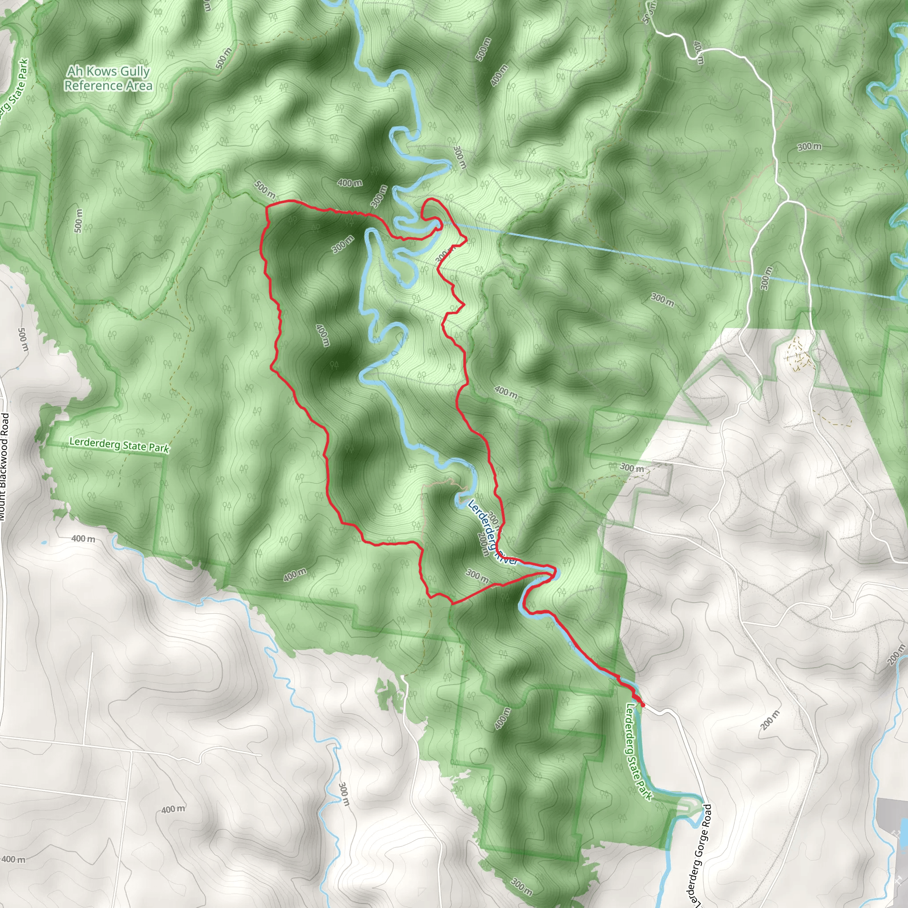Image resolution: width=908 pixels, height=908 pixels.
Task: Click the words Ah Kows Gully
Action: [x=108, y=71]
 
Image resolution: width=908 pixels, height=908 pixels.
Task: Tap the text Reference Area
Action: [x=108, y=86]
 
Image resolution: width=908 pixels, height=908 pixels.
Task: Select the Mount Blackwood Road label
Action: [x=4, y=466]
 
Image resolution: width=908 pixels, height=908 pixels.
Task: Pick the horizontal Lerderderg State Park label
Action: [x=119, y=445]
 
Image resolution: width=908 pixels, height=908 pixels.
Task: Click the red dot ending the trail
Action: [x=642, y=705]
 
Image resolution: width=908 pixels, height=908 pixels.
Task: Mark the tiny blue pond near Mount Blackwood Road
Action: [x=44, y=543]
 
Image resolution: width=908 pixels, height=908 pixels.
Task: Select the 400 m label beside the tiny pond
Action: [x=83, y=539]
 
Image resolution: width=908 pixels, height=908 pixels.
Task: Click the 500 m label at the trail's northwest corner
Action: [x=265, y=189]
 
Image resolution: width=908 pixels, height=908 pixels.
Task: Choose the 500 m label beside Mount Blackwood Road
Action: [x=23, y=339]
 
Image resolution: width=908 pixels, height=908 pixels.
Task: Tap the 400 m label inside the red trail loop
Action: [x=322, y=335]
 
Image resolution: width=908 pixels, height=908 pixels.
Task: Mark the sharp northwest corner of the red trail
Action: [x=266, y=206]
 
